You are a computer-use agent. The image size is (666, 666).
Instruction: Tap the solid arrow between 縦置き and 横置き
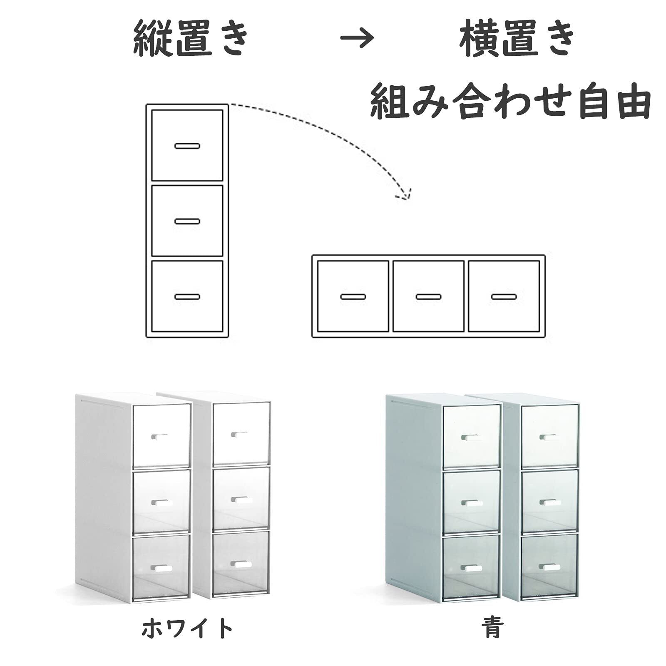(357, 39)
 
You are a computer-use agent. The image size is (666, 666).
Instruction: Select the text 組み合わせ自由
(510, 101)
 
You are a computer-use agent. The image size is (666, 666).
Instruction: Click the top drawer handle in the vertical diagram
(187, 146)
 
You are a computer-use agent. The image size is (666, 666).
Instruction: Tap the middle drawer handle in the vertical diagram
(187, 221)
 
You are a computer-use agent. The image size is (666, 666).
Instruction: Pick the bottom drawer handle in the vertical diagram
(187, 297)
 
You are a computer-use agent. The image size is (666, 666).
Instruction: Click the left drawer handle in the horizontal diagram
(353, 297)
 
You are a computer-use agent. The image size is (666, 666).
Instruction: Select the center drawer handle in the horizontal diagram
(428, 297)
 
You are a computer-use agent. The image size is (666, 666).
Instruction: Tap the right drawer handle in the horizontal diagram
(504, 297)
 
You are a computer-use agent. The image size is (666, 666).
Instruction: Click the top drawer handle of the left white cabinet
(159, 436)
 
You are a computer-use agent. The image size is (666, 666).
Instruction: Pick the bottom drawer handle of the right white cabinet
(240, 564)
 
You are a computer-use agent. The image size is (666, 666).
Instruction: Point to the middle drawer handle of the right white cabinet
(239, 499)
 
